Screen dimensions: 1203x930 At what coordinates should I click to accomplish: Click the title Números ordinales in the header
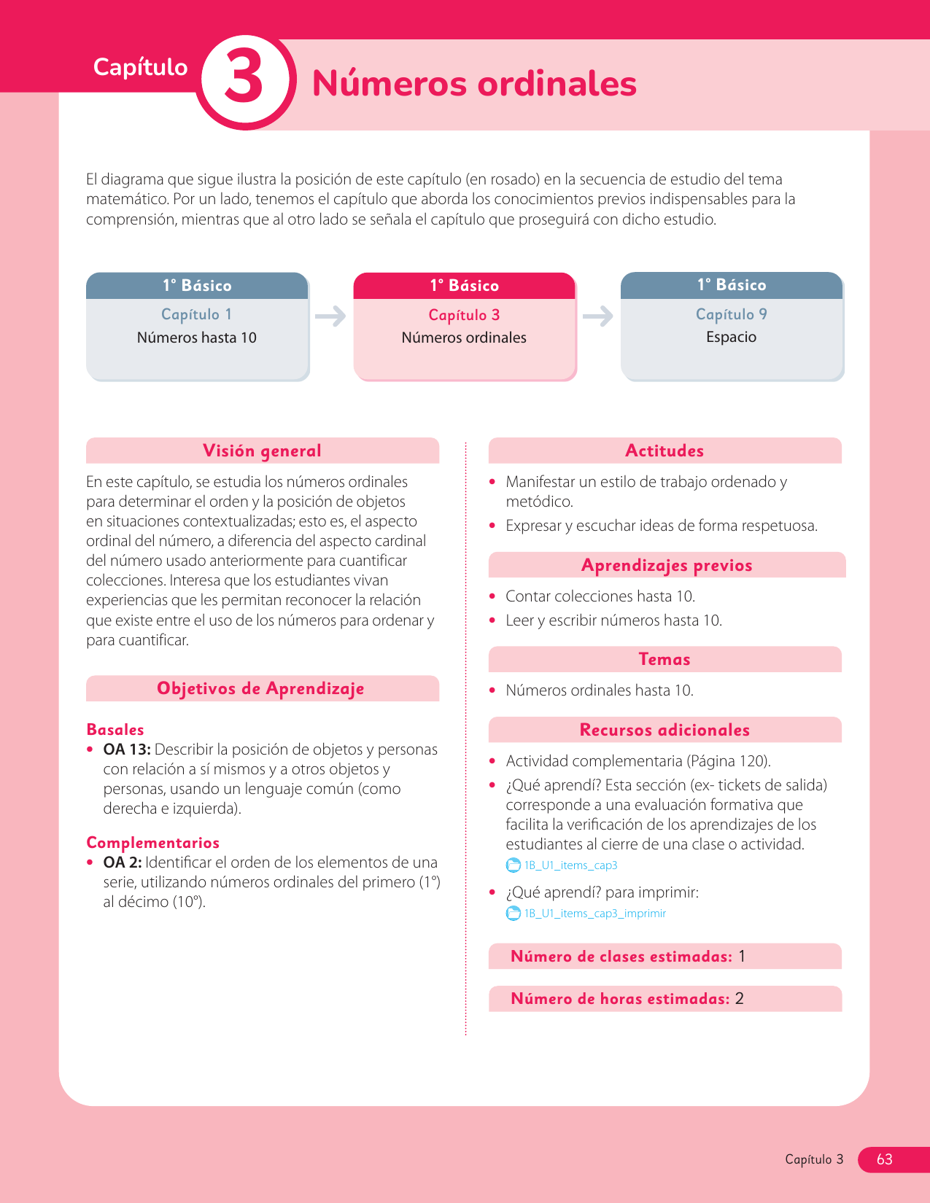(x=474, y=83)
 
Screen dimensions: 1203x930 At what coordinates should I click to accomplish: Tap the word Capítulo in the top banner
(x=140, y=67)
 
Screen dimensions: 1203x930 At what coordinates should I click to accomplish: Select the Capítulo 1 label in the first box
(x=196, y=314)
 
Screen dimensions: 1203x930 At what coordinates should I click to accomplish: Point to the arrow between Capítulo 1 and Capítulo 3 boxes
(x=330, y=316)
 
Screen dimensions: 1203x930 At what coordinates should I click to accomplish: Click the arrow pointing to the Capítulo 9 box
(x=598, y=316)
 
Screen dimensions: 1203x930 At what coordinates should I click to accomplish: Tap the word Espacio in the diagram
(x=731, y=337)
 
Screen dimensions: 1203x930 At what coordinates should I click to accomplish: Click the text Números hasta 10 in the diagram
(x=196, y=338)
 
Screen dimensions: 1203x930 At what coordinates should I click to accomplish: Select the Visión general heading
(x=262, y=451)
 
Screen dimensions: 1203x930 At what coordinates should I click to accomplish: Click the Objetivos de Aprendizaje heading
(x=260, y=688)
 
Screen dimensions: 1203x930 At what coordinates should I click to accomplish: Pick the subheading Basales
(x=115, y=729)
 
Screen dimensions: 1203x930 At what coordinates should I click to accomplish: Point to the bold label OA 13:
(x=127, y=750)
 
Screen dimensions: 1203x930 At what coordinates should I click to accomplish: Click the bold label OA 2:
(x=122, y=863)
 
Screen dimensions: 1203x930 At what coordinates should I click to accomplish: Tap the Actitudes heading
(x=664, y=451)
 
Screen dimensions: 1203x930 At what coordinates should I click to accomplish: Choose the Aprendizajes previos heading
(x=667, y=565)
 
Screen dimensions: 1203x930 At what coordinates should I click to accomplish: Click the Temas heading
(x=664, y=659)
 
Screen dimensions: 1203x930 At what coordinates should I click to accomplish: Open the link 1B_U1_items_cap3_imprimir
(x=595, y=914)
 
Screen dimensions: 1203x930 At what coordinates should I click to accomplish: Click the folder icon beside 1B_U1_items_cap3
(x=514, y=865)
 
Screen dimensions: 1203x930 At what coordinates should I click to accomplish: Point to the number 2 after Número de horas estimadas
(x=740, y=999)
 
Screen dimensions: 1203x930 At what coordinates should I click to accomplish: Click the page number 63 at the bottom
(x=884, y=1159)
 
